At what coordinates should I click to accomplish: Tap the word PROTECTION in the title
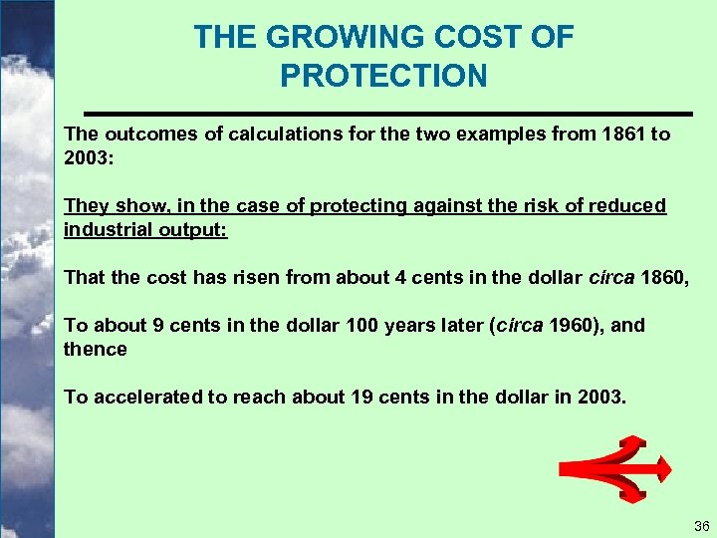tap(383, 76)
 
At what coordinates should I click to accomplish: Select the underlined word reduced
tap(626, 205)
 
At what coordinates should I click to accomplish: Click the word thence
tap(96, 349)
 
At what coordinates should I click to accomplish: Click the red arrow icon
tap(615, 467)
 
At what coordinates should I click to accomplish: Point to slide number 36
tap(699, 525)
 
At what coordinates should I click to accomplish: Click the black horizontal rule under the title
tap(387, 112)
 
